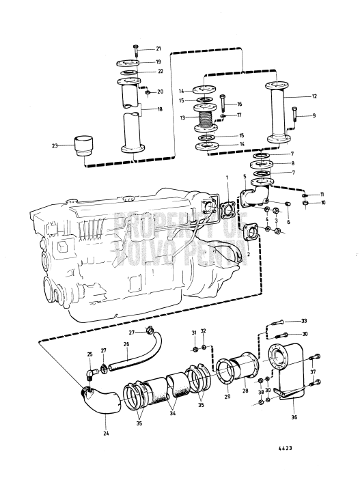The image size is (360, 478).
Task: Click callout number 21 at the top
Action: click(158, 48)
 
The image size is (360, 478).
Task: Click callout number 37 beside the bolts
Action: click(314, 372)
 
